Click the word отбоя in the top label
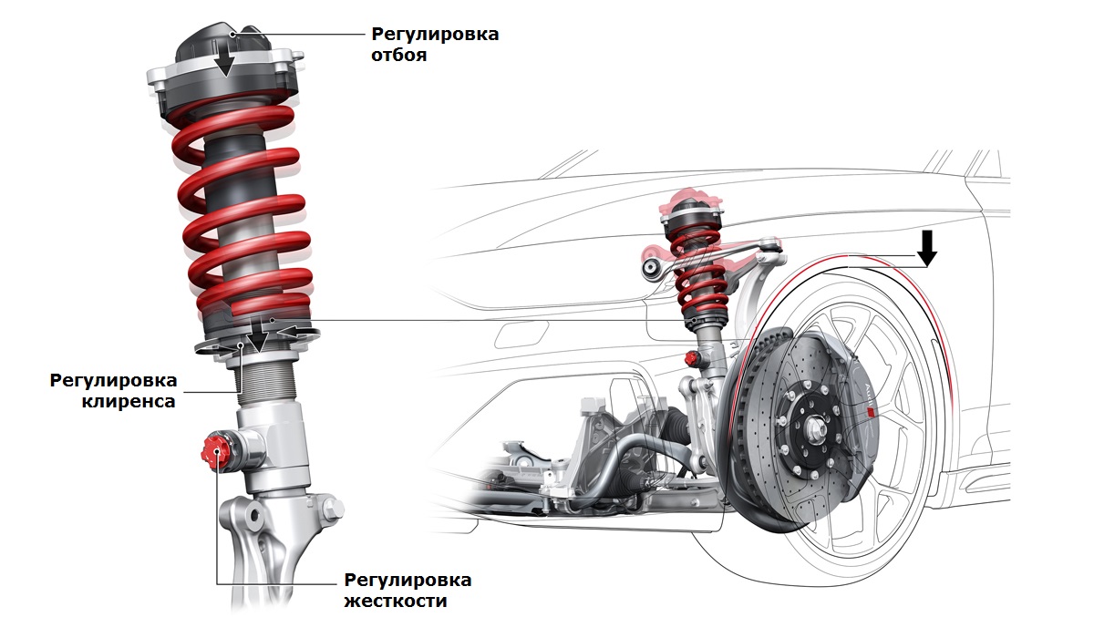(x=400, y=55)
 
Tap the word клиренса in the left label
(x=127, y=401)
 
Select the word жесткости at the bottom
(x=396, y=602)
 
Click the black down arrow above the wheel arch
(x=927, y=247)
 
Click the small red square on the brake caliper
(x=871, y=412)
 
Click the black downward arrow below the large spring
(x=258, y=339)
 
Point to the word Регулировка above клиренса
(x=114, y=379)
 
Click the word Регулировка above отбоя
(x=435, y=34)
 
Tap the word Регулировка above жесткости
(x=408, y=581)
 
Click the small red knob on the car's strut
(x=691, y=355)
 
